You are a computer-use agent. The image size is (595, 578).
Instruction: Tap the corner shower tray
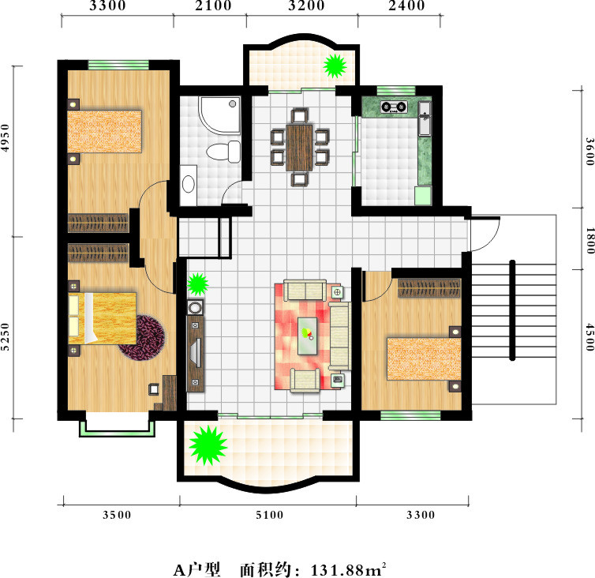click(220, 115)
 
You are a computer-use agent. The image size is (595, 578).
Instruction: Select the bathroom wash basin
click(189, 185)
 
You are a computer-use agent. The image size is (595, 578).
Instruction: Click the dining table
click(299, 147)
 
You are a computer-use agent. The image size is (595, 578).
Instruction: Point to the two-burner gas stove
click(394, 107)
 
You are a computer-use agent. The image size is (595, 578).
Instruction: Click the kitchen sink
click(425, 118)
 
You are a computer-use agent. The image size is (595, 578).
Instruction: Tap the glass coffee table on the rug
click(308, 336)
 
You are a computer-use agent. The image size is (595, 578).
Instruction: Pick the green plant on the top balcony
click(335, 66)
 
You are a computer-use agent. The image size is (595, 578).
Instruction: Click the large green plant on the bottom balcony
click(208, 445)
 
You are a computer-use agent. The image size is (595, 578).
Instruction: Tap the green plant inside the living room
click(197, 284)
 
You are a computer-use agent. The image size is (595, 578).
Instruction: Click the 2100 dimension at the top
click(213, 6)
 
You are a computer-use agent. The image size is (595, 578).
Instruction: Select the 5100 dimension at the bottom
click(269, 515)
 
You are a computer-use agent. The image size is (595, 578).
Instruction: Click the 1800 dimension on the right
click(589, 241)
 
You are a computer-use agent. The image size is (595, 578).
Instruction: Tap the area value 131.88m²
click(348, 569)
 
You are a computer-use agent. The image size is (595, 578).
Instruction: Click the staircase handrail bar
click(512, 310)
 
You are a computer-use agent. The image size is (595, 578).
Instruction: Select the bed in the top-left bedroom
click(104, 131)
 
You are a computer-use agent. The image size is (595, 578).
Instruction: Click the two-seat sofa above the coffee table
click(305, 291)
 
